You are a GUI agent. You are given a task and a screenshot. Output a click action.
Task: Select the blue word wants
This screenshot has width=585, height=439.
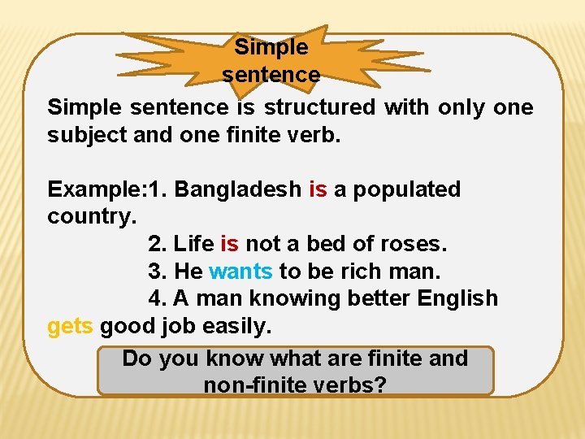click(x=240, y=271)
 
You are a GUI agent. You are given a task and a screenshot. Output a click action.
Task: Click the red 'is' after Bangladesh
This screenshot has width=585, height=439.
click(x=318, y=189)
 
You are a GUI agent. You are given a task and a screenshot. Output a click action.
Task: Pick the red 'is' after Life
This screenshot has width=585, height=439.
click(x=229, y=244)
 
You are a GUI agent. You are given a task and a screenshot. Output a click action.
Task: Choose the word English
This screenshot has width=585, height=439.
click(x=457, y=298)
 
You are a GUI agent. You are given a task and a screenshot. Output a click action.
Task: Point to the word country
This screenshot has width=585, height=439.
click(x=91, y=217)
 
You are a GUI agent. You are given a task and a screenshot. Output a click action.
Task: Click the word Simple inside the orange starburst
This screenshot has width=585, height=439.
click(x=271, y=47)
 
